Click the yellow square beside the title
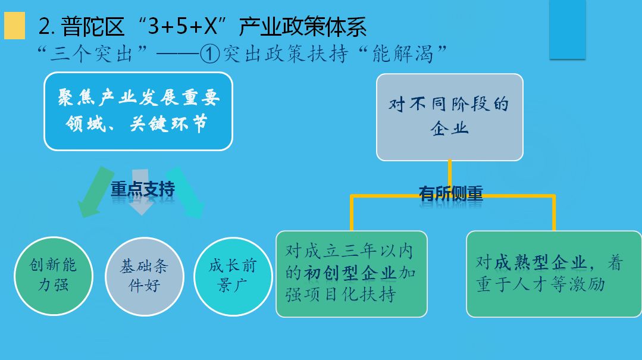[14, 26]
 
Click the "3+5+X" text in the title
[182, 26]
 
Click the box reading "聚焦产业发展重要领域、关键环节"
[139, 111]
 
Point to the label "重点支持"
[143, 189]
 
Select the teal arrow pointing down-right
[186, 192]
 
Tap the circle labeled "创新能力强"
[54, 276]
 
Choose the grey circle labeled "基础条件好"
[145, 277]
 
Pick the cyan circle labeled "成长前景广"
[233, 277]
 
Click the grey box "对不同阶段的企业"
[450, 117]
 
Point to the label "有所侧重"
[451, 193]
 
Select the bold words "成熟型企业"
[540, 262]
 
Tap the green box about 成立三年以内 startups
[352, 274]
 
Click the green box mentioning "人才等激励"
[554, 274]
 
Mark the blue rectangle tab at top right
[568, 30]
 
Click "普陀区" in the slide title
[93, 27]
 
